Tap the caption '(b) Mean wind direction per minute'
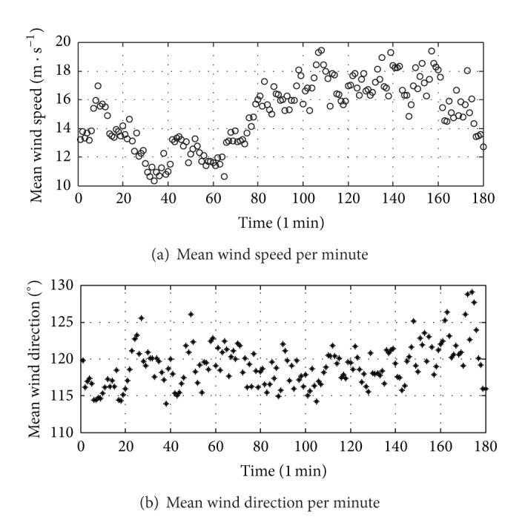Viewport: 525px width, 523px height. (x=282, y=502)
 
